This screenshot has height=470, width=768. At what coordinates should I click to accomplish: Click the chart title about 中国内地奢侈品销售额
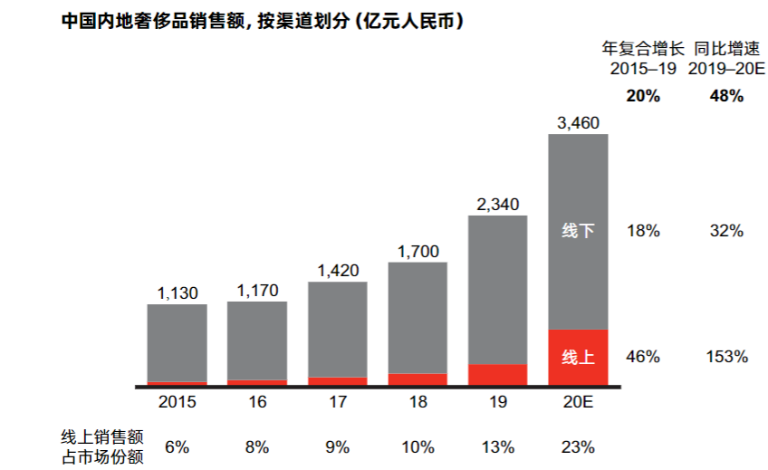pyautogui.click(x=263, y=20)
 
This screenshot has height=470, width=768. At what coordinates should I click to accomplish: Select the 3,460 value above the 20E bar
pyautogui.click(x=578, y=123)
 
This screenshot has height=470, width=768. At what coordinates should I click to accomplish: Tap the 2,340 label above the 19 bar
pyautogui.click(x=497, y=204)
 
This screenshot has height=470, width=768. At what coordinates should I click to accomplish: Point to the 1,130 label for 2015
pyautogui.click(x=177, y=293)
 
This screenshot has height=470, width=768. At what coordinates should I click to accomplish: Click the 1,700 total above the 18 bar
pyautogui.click(x=418, y=251)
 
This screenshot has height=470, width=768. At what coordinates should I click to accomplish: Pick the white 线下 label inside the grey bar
pyautogui.click(x=578, y=231)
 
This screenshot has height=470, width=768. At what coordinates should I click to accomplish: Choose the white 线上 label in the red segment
pyautogui.click(x=578, y=357)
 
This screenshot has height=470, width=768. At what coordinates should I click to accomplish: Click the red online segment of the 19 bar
pyautogui.click(x=497, y=375)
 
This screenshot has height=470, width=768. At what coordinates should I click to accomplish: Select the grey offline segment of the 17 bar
pyautogui.click(x=337, y=329)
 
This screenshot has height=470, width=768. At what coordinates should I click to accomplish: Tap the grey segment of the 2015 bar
pyautogui.click(x=177, y=342)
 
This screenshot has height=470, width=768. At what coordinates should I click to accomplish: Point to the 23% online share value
pyautogui.click(x=578, y=446)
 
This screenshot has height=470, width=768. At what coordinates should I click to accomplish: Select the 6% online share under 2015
pyautogui.click(x=177, y=446)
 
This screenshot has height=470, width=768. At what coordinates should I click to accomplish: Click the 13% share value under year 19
pyautogui.click(x=497, y=446)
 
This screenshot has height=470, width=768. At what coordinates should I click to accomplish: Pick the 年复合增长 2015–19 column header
pyautogui.click(x=642, y=59)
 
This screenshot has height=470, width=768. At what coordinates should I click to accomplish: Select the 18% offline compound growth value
pyautogui.click(x=642, y=231)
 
